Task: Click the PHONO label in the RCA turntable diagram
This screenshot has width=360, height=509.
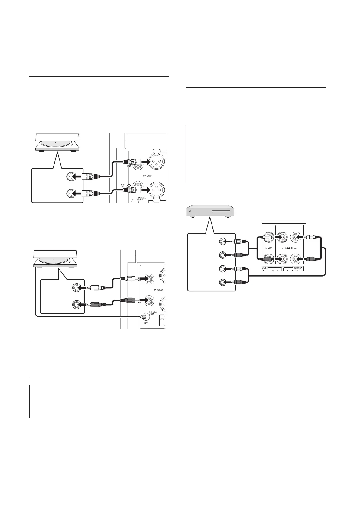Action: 158,290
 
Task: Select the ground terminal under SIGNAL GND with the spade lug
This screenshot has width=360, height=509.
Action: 144,317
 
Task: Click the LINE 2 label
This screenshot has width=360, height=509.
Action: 289,248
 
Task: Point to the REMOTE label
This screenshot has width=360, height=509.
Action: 297,268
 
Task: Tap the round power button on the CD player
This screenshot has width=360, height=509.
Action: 190,209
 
